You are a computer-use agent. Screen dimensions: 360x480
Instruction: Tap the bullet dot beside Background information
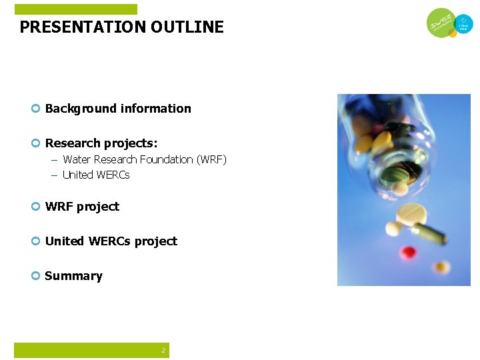click(x=36, y=109)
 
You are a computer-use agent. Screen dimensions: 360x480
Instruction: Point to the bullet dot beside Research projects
click(x=36, y=143)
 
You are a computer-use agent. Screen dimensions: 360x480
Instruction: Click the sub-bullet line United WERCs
click(x=96, y=175)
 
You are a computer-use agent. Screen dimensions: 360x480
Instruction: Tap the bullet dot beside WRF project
click(x=36, y=207)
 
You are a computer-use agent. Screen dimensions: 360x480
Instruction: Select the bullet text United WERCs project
click(x=111, y=241)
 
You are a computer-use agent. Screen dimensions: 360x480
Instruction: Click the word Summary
click(x=73, y=276)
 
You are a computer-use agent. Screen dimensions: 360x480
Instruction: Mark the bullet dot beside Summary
click(x=36, y=276)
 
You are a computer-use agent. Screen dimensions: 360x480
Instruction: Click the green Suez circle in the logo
click(x=441, y=23)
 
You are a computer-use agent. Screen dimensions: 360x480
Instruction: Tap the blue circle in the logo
click(x=463, y=25)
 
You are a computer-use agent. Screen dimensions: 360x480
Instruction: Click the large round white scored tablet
click(x=412, y=214)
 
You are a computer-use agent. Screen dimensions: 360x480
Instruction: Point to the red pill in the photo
click(x=408, y=252)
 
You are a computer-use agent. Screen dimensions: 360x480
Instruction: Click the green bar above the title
click(x=75, y=9)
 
